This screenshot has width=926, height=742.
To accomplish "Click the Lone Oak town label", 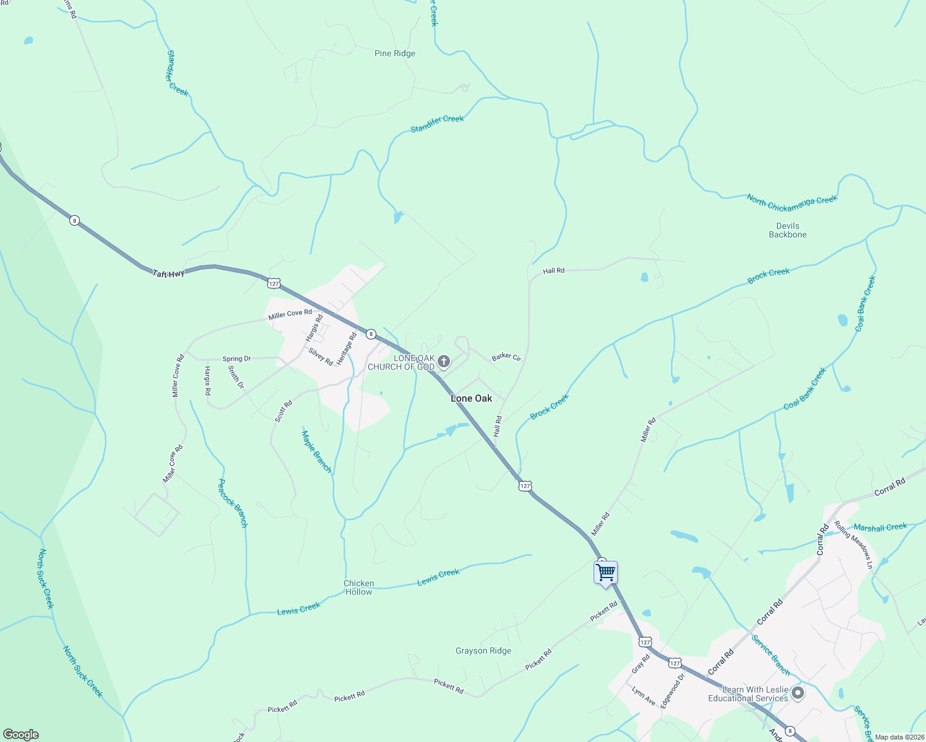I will (x=471, y=398).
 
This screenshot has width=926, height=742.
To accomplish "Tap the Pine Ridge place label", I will (x=395, y=54).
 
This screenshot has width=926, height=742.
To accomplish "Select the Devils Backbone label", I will (x=787, y=230).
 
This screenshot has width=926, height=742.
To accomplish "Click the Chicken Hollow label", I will (x=359, y=587).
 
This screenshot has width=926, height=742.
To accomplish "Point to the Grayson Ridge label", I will (x=483, y=650).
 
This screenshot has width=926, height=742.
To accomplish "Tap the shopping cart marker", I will (x=605, y=572).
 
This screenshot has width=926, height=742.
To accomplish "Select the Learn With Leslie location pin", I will (x=798, y=693).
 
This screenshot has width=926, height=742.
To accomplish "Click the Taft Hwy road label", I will (x=169, y=272).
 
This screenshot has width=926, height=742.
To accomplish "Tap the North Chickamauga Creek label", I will (x=792, y=200).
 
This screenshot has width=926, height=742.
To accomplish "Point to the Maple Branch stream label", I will (x=316, y=452).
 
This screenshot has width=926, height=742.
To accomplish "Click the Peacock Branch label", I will (x=233, y=503).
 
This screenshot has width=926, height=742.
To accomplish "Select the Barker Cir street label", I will (x=506, y=357).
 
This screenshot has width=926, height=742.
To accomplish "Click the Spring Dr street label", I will (x=236, y=359).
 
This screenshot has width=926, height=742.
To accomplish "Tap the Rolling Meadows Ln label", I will (x=853, y=545).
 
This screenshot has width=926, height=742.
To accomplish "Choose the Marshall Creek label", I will (x=880, y=527).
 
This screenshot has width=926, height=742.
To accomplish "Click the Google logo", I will (x=20, y=735).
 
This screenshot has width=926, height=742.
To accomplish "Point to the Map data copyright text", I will (x=898, y=737).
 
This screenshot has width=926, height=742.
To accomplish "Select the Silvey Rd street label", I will (x=321, y=357).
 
